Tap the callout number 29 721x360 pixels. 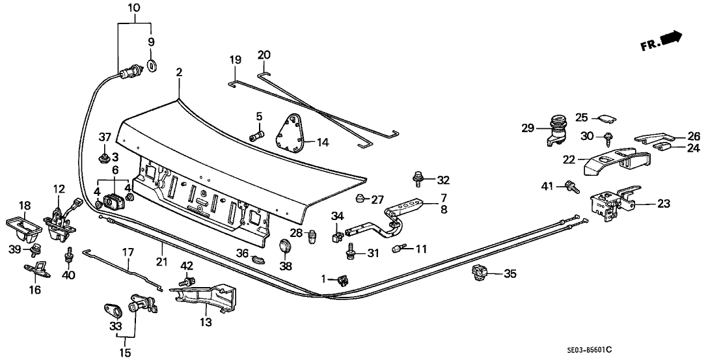point(528,128)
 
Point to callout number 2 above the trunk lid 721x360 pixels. point(178,74)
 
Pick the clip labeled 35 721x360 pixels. point(479,273)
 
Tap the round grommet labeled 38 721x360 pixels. point(285,247)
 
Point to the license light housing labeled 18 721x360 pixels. point(25,225)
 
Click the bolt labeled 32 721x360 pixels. point(417,177)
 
